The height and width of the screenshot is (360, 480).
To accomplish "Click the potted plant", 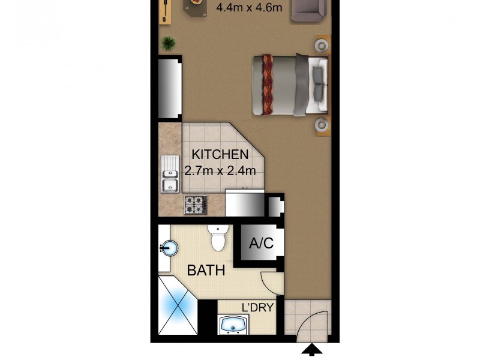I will coord(169,43).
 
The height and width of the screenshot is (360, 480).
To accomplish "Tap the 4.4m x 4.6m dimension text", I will coord(244,8).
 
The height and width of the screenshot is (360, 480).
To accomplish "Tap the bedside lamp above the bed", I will coord(323,45).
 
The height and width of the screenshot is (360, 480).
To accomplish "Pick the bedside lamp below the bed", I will coord(323,124).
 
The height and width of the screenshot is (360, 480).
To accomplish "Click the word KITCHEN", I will coord(220,155).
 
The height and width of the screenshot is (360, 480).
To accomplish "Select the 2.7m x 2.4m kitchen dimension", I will coord(220,170).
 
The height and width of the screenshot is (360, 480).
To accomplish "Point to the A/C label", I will coord(261,244).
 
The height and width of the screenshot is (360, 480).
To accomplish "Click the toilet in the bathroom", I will coord(218,238).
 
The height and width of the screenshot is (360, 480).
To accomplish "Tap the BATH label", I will coord(206,271).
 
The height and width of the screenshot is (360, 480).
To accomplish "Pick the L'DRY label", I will coord(257,308).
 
